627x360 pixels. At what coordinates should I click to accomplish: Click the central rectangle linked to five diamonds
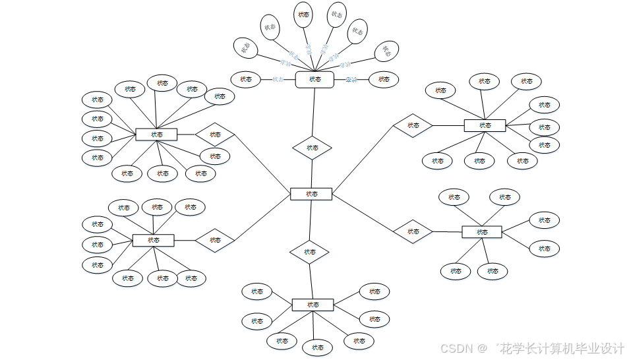tap(311, 194)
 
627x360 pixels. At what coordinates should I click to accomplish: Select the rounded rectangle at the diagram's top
tap(314, 79)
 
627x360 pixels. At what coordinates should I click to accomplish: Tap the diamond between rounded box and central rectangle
tap(312, 148)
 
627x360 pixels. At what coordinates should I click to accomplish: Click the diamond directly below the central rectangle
tap(309, 252)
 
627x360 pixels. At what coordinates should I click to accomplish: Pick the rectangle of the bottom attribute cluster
tap(313, 305)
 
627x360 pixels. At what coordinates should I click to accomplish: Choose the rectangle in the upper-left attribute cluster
tap(156, 135)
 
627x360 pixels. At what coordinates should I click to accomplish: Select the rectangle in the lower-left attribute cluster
tap(153, 240)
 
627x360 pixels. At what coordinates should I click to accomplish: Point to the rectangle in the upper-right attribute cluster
tap(485, 125)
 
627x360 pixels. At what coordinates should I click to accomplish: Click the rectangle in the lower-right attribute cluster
tap(482, 232)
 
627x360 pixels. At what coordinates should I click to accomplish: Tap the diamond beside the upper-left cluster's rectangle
tap(215, 135)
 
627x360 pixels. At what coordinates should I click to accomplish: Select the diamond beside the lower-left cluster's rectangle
tap(215, 240)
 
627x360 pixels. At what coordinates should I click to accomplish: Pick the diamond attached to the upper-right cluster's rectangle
tap(413, 125)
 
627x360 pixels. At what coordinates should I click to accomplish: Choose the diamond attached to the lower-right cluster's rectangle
tap(413, 231)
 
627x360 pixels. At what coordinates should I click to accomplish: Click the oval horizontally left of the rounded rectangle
tap(246, 79)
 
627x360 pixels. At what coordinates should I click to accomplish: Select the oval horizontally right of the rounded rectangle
tap(384, 79)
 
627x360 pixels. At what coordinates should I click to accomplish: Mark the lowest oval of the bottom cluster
tap(318, 347)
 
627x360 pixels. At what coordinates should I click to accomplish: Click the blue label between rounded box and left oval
tap(278, 79)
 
